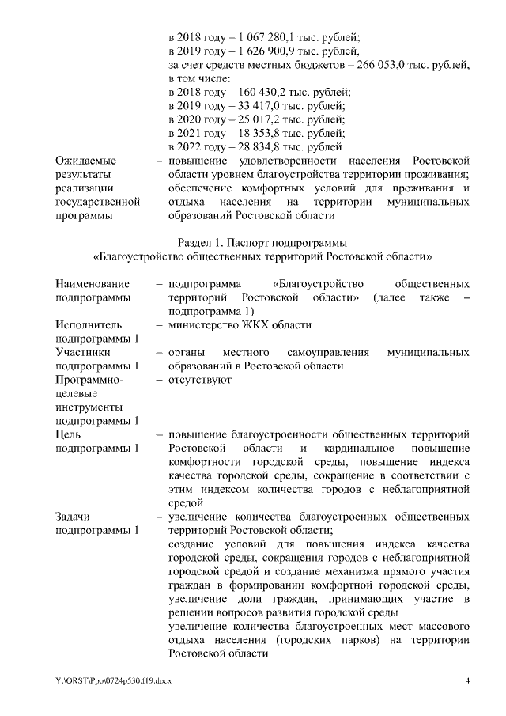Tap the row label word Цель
(68, 434)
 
